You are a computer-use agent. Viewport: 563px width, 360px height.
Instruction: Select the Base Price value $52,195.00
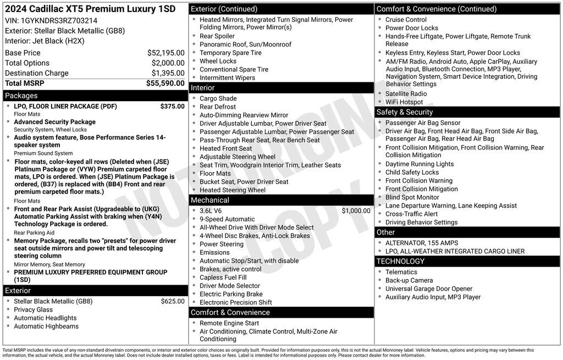coord(165,53)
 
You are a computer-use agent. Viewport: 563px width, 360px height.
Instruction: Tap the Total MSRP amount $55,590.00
coord(165,83)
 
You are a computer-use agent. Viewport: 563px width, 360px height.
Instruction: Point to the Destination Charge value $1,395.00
coord(168,73)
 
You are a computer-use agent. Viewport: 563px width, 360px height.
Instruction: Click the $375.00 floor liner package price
coord(172,106)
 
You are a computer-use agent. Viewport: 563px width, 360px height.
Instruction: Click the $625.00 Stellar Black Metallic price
coord(173,301)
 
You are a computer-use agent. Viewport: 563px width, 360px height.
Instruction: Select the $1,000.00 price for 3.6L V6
coord(356,211)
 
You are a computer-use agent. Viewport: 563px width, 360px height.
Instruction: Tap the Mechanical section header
coord(210,200)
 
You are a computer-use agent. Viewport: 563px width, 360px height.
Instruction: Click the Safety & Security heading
coord(405,112)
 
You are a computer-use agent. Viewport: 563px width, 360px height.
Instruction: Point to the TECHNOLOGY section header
coord(400,261)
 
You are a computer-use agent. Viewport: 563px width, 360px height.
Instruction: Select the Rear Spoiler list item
coord(217,36)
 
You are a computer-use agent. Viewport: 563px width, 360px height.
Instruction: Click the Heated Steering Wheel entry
coord(232,190)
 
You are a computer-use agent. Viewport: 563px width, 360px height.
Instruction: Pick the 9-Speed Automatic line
coord(227,219)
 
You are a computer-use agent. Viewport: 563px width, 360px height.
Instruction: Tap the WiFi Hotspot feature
coord(404,102)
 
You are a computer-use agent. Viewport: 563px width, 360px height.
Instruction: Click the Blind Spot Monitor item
coord(412,197)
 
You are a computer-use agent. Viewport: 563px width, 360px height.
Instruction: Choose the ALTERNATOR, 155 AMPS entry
coord(421,243)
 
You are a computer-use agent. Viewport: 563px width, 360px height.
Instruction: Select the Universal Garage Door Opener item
coord(428,289)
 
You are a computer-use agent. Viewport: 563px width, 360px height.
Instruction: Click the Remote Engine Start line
coord(229,323)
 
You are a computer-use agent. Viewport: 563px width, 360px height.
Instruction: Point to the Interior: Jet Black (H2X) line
coord(46,41)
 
